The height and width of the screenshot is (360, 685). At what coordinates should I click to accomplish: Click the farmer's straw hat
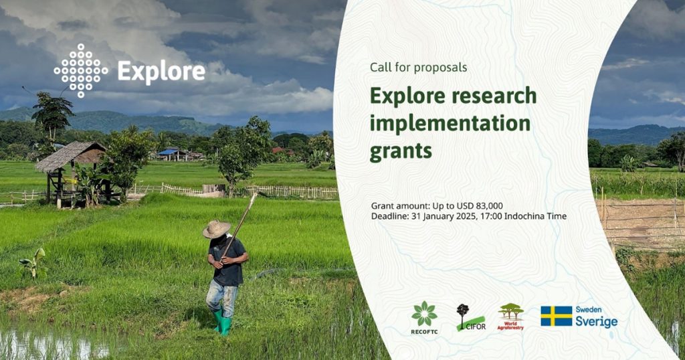coord(216,229)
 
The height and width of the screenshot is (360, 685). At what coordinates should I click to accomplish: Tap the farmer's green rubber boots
coord(222,323)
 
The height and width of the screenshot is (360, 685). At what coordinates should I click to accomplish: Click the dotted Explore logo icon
coord(81,70)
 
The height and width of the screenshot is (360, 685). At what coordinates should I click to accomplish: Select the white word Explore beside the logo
coord(161,72)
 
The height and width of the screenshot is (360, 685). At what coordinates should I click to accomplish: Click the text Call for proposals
coord(419,68)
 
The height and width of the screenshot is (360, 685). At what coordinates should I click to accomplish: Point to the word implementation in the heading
coord(450,124)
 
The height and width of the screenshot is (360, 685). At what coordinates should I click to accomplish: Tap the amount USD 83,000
coord(479,206)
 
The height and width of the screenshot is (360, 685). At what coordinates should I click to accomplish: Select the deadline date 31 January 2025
coord(442,216)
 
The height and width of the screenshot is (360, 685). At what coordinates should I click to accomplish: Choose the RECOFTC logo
coord(424,318)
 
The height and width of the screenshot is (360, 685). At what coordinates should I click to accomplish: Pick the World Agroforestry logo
coord(510,317)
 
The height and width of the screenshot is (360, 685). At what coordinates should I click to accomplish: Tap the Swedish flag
coord(556,317)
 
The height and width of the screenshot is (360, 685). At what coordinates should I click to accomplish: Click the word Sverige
coord(596,322)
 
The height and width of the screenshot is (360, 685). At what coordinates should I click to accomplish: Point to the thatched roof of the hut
coord(71,156)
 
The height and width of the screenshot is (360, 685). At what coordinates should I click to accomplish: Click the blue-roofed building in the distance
coord(173,154)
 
